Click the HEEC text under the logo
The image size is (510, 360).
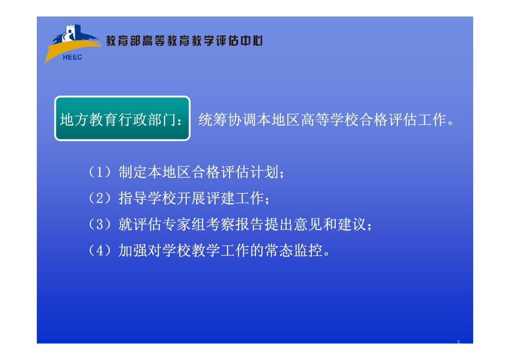coord(72,57)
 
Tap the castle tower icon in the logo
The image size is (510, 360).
coord(70,32)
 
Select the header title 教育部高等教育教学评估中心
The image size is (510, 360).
coord(184,41)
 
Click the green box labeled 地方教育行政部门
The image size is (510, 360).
coord(123,119)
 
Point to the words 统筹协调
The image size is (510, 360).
coord(227,120)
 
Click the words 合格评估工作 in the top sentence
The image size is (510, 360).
coord(402,120)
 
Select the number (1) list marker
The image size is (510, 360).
coord(100,172)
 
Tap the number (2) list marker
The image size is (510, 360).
coord(100,198)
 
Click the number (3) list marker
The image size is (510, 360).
coord(100,225)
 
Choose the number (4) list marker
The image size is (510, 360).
coord(100,250)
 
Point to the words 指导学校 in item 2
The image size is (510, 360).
coord(147,198)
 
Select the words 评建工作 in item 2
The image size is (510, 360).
coord(235,198)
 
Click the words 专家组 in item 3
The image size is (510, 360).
coord(184,225)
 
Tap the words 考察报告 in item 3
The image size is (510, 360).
coord(235,225)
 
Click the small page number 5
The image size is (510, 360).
coord(458,342)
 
